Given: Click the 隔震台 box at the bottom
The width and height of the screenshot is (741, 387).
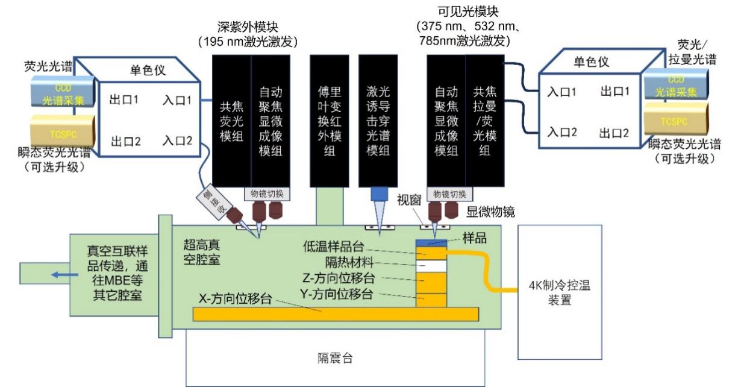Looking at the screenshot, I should click(x=335, y=358).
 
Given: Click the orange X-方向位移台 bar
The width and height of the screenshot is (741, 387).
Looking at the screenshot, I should click(x=335, y=313).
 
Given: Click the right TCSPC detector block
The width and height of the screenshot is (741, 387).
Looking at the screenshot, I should click(x=676, y=121).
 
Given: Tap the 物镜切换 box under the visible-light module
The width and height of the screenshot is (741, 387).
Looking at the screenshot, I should click(x=446, y=194).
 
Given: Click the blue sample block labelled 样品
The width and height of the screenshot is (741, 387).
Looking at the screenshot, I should click(x=431, y=242).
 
